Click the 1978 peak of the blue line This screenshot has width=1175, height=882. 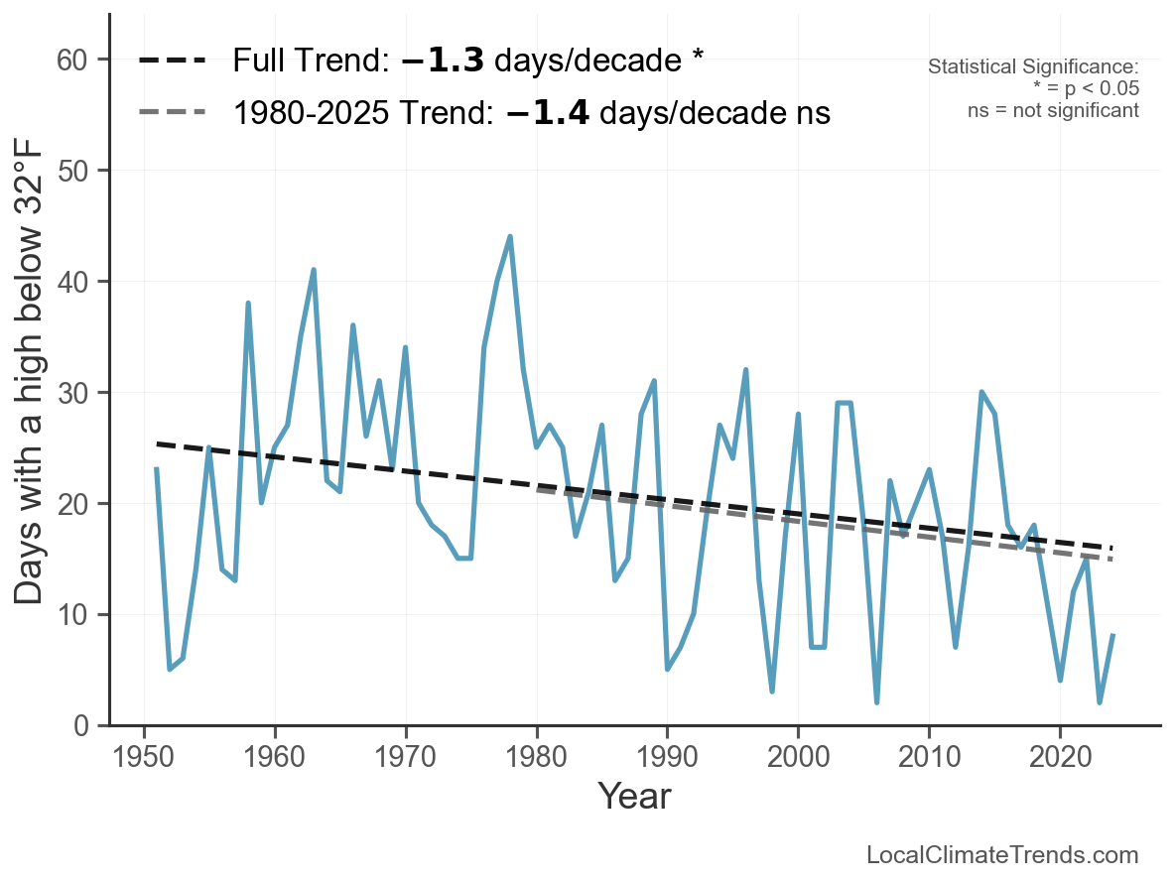tap(510, 236)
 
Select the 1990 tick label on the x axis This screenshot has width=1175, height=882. tap(667, 758)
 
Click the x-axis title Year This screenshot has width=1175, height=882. tap(634, 797)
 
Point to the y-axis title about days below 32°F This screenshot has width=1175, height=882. tap(32, 394)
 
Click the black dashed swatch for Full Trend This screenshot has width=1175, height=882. tap(172, 61)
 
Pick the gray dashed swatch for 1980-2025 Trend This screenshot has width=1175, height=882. tap(172, 112)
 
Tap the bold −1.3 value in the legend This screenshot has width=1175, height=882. tap(443, 61)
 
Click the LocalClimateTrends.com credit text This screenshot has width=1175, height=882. tap(1002, 855)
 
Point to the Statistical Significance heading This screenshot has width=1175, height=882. tap(1033, 67)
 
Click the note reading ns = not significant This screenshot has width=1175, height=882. tap(1053, 110)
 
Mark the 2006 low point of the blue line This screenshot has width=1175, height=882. tap(877, 702)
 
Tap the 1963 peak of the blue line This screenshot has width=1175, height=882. tap(314, 270)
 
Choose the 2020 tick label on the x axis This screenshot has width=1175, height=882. tap(1060, 758)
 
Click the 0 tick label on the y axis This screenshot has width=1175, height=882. tap(84, 726)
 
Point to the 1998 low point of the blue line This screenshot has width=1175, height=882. tap(772, 692)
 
